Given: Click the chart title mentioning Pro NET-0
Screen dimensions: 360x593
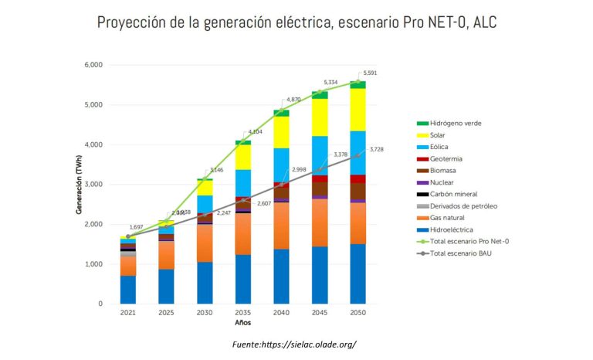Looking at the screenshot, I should click(x=296, y=22).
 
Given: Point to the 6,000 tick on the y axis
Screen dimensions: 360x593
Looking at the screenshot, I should click(x=93, y=65).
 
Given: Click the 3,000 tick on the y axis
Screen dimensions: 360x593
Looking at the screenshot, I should click(x=93, y=185).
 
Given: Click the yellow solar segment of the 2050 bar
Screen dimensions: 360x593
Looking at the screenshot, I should click(x=359, y=110).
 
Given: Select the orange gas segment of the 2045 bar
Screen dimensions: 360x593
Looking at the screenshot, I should click(x=320, y=222).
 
